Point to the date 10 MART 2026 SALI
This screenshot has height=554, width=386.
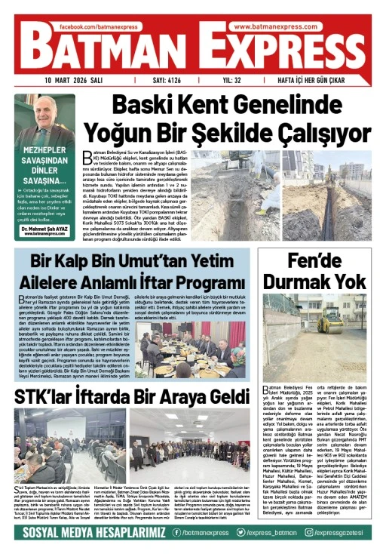tap(73, 80)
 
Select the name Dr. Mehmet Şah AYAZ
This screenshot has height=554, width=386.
tap(44, 227)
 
